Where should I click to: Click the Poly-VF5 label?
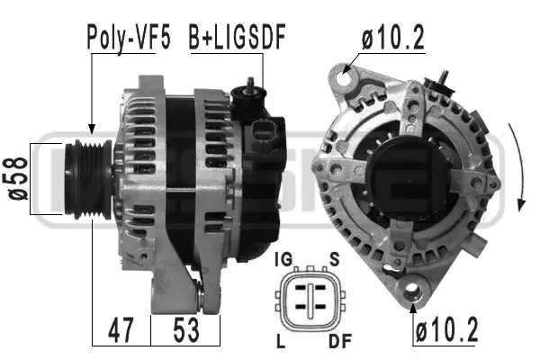128,37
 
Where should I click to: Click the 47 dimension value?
121,330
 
